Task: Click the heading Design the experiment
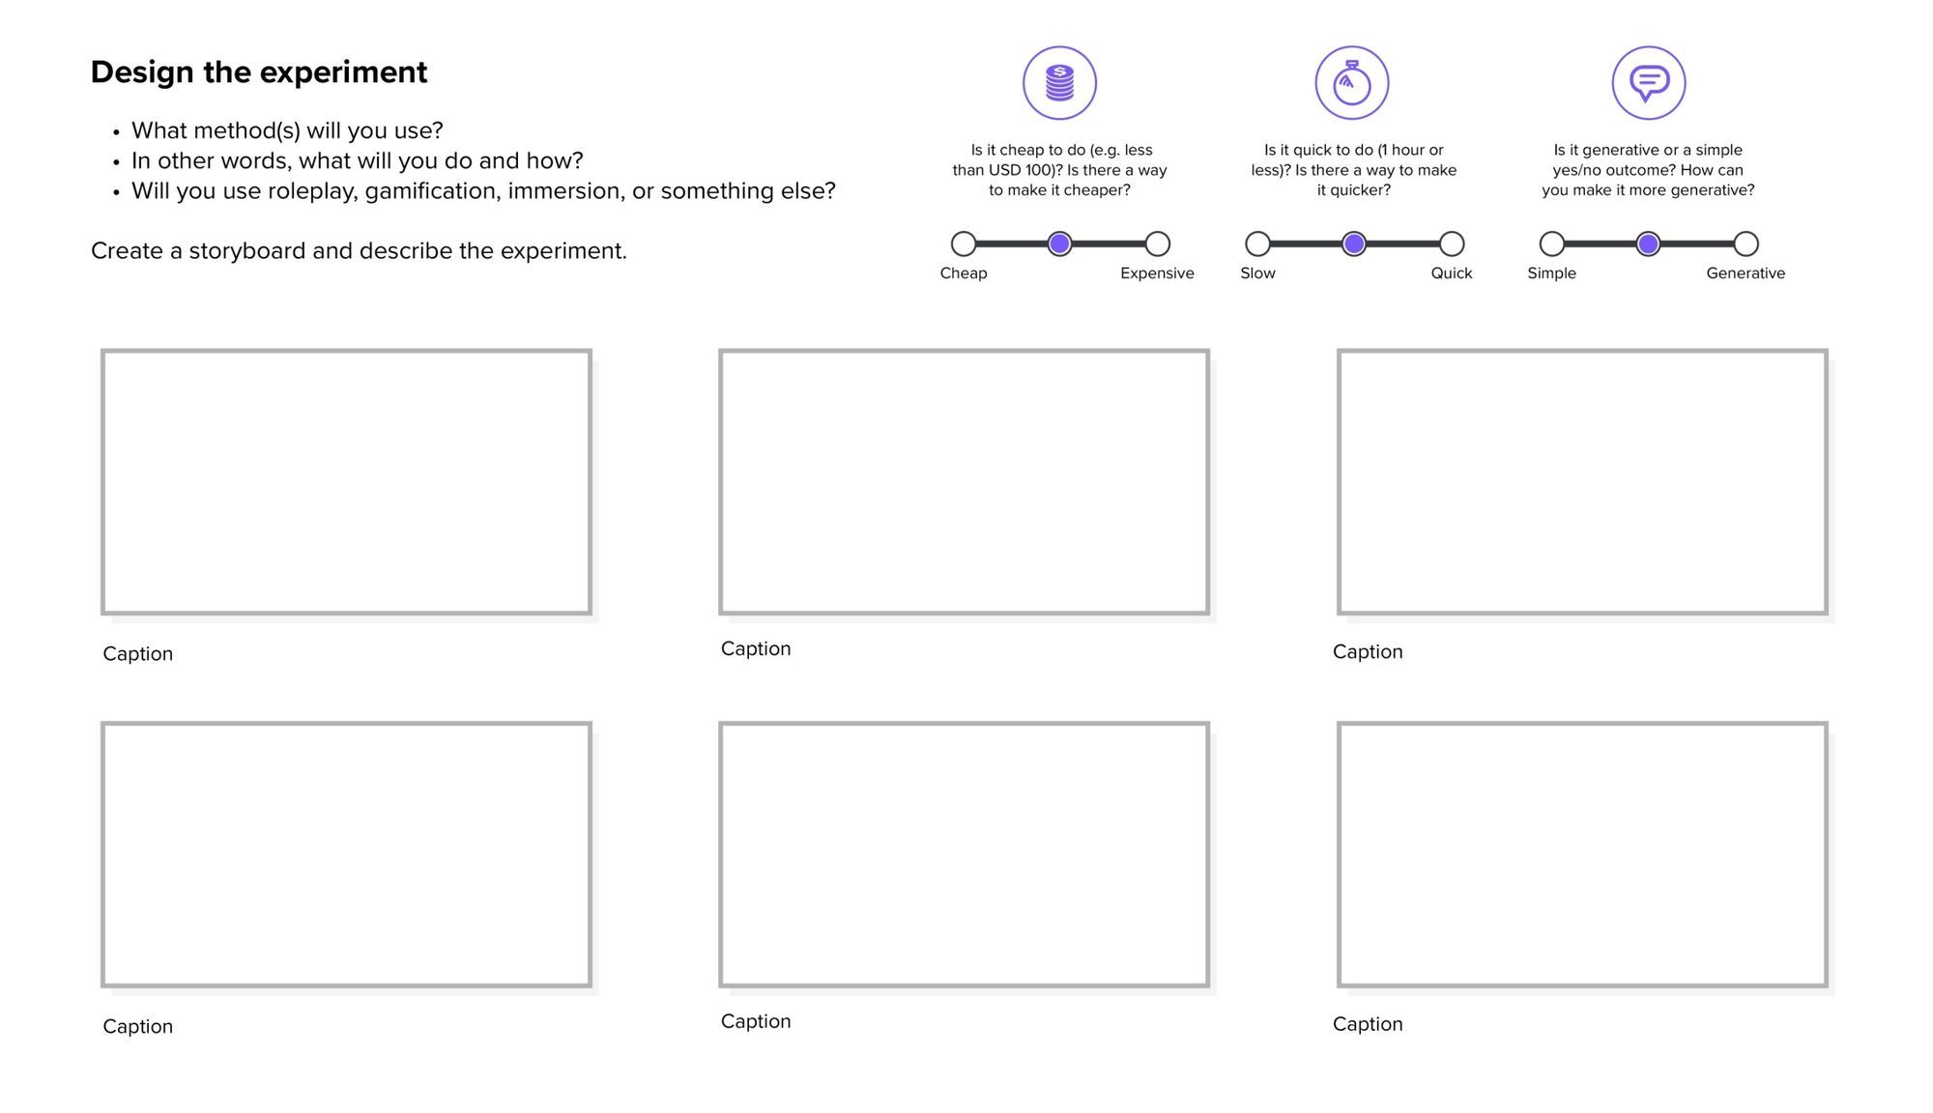click(258, 72)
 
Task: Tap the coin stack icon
click(1059, 83)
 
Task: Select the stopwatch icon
click(1351, 83)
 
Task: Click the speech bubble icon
click(1648, 83)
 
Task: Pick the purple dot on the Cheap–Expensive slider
click(1059, 243)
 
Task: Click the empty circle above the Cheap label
click(963, 243)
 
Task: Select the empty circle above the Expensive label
click(1157, 243)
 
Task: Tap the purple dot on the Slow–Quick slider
click(1353, 243)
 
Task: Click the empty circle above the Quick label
click(1451, 243)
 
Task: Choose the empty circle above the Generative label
click(1745, 243)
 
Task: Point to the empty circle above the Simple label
click(1551, 243)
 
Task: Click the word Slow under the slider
click(1257, 273)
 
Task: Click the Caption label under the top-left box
click(137, 654)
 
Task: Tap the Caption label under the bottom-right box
click(1367, 1024)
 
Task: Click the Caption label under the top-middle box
click(755, 649)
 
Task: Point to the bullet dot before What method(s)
click(116, 132)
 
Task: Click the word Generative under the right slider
click(1745, 273)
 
